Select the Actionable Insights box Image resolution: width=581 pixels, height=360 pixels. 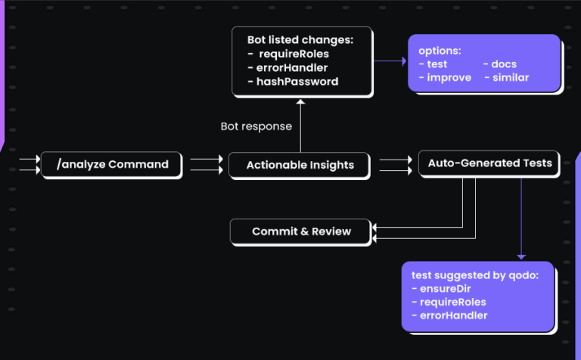[300, 165]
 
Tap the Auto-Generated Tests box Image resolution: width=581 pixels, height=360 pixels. [489, 163]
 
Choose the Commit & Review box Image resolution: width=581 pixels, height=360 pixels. [300, 231]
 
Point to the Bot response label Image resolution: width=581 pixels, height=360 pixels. [256, 126]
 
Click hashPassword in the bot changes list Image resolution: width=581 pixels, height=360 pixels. [297, 81]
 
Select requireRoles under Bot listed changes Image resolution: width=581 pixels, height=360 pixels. [294, 54]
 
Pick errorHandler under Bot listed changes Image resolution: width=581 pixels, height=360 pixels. [292, 67]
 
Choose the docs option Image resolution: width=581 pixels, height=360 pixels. [503, 64]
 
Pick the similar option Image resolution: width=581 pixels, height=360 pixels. [511, 78]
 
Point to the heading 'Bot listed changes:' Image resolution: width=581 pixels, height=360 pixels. [300, 39]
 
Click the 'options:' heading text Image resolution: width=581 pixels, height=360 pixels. [440, 51]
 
